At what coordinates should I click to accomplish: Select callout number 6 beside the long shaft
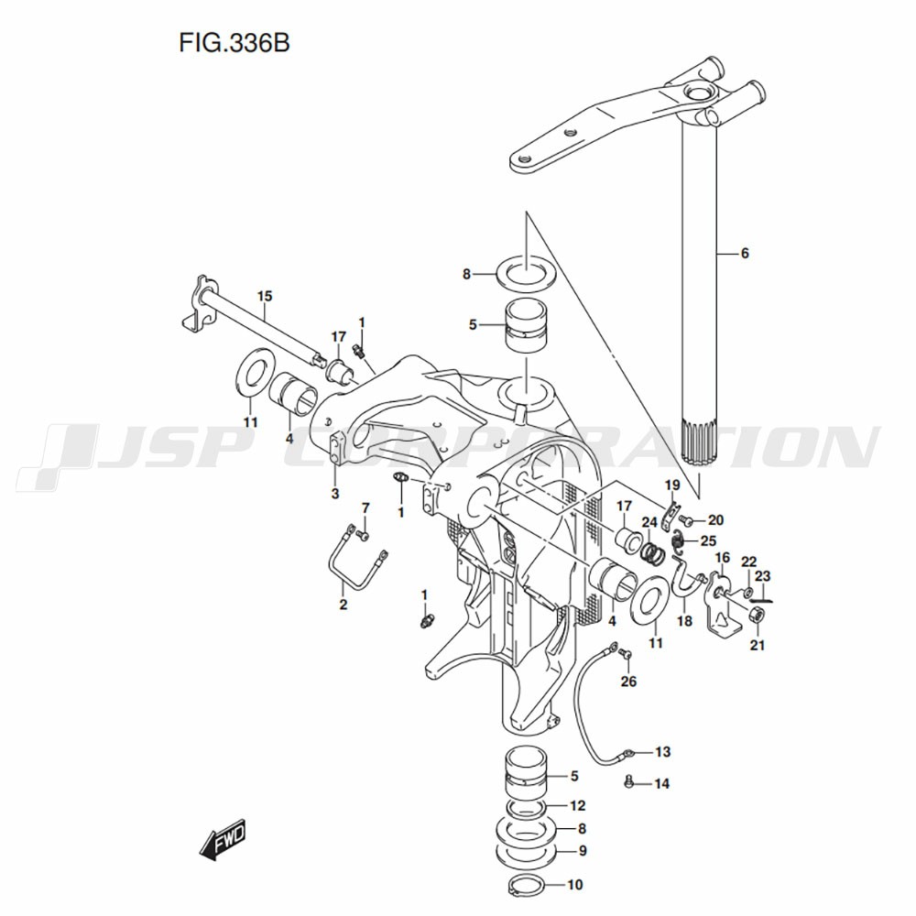pos(745,253)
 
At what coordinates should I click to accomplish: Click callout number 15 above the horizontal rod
pos(265,296)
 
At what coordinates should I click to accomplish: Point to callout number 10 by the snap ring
pos(574,886)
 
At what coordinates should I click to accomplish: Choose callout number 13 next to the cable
pos(662,752)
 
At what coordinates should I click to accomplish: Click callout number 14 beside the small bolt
pos(662,784)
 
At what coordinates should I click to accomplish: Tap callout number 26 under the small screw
pos(627,681)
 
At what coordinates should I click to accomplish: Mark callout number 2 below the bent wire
pos(343,605)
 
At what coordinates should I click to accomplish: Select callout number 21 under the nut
pos(757,646)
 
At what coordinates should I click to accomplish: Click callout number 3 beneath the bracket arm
pos(335,494)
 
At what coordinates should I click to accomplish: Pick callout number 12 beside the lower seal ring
pos(577,806)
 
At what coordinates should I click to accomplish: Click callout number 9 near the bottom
pos(582,850)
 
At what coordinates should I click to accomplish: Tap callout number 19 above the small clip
pos(671,485)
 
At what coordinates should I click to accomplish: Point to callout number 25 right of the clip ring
pos(707,540)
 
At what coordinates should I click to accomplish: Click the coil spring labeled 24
pos(650,553)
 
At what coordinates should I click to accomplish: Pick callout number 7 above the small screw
pos(365,507)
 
